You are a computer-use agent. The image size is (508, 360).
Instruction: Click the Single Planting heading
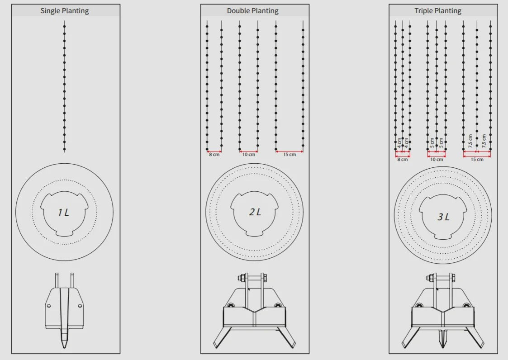pyautogui.click(x=65, y=11)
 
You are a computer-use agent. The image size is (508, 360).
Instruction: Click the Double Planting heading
pyautogui.click(x=253, y=11)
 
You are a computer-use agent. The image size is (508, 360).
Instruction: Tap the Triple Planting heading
pyautogui.click(x=438, y=11)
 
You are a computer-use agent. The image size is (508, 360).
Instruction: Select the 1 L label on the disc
pyautogui.click(x=63, y=213)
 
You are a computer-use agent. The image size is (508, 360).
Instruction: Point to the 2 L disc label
pyautogui.click(x=255, y=212)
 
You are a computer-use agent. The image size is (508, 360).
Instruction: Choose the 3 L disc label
pyautogui.click(x=443, y=217)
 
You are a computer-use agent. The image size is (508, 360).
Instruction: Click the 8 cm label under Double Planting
pyautogui.click(x=214, y=155)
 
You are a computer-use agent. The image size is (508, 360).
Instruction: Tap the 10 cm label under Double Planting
pyautogui.click(x=249, y=155)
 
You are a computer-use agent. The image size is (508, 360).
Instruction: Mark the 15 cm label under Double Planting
pyautogui.click(x=290, y=155)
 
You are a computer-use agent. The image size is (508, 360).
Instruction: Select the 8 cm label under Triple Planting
pyautogui.click(x=403, y=160)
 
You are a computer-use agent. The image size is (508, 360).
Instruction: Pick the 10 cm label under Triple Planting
pyautogui.click(x=437, y=160)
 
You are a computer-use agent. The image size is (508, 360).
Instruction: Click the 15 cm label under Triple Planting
pyautogui.click(x=477, y=160)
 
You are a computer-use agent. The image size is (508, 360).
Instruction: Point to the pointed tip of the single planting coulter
pyautogui.click(x=64, y=348)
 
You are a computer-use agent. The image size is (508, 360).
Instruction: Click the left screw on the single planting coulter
pyautogui.click(x=49, y=306)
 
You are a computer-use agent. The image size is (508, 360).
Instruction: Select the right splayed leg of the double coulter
pyautogui.click(x=286, y=337)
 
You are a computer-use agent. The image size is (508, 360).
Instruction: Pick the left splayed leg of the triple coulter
pyautogui.click(x=411, y=338)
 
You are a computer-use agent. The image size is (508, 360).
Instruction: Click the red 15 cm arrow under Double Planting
pyautogui.click(x=290, y=151)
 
